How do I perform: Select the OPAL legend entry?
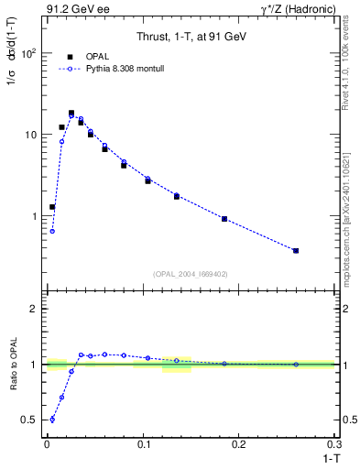(90, 57)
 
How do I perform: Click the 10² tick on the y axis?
(29, 53)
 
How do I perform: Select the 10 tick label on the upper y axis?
(30, 135)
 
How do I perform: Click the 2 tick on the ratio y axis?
(34, 309)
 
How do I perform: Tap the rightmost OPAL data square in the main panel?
(296, 250)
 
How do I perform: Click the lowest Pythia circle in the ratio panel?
(52, 420)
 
